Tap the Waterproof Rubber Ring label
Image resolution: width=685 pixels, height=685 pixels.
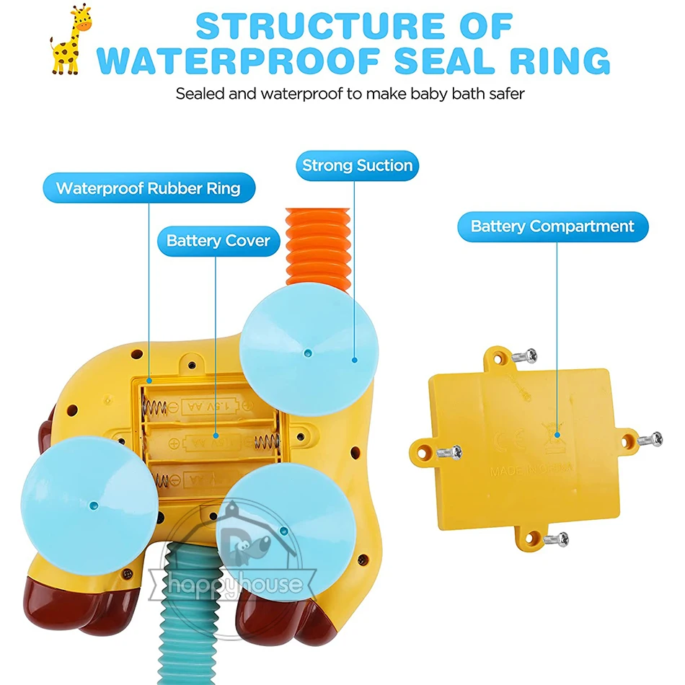(x=148, y=189)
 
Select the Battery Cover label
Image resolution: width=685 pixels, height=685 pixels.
(x=218, y=240)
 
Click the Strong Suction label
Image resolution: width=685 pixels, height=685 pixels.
(x=357, y=165)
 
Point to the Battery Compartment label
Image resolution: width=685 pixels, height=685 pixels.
(x=552, y=226)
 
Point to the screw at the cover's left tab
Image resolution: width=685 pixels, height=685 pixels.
(x=449, y=453)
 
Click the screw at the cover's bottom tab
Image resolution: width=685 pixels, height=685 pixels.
(x=555, y=539)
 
